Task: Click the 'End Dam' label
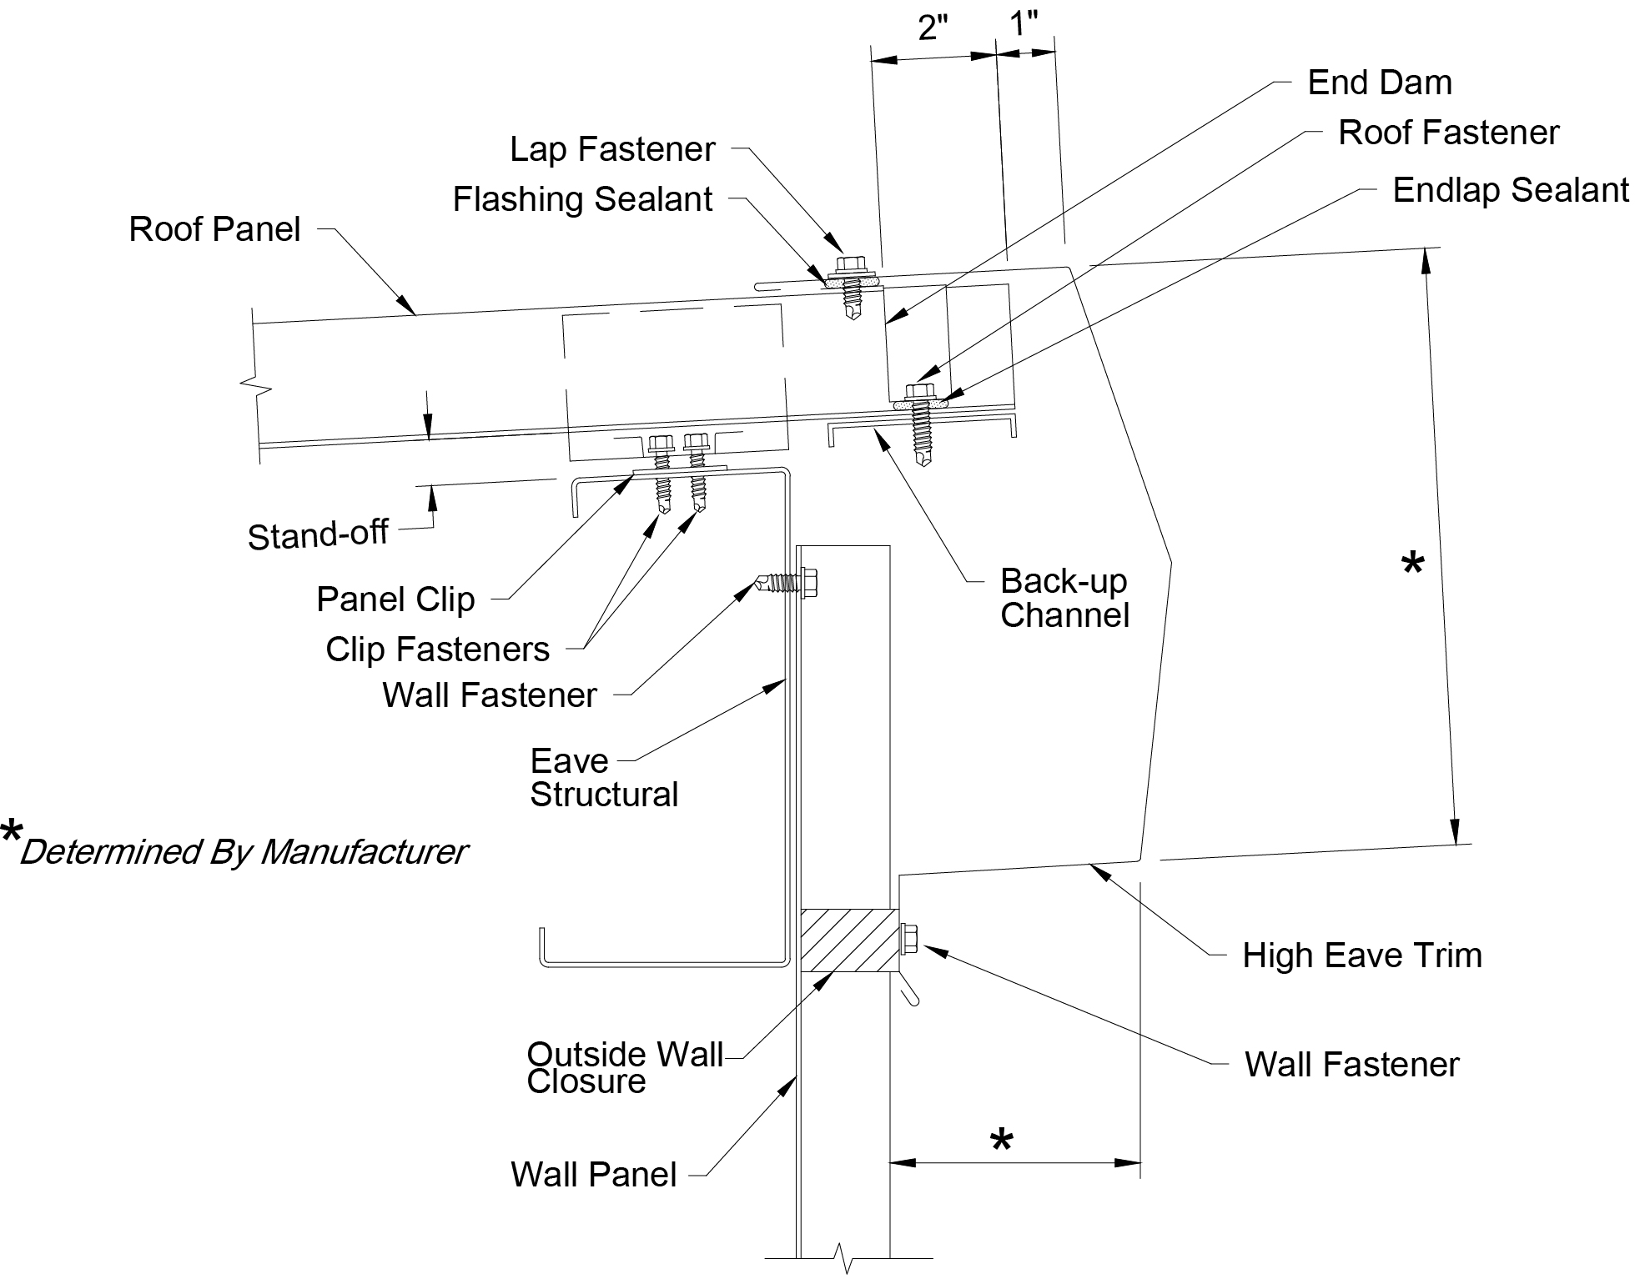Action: tap(1380, 83)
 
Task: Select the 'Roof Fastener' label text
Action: tap(1449, 133)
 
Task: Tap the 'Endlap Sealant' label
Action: tap(1511, 190)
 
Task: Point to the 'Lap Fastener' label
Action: tap(612, 150)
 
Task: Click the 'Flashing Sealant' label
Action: tap(582, 200)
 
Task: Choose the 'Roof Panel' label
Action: tap(214, 229)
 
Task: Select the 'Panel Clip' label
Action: tap(395, 599)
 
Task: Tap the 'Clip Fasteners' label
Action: tap(437, 650)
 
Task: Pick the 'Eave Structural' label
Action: tap(604, 778)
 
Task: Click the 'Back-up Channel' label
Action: tap(1064, 598)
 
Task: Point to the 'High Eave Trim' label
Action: tap(1362, 955)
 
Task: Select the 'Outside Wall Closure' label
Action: tap(625, 1068)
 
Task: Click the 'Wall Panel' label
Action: tap(593, 1175)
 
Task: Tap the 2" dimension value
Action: tap(933, 28)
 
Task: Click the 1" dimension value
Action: tap(1024, 24)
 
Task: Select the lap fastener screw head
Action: tap(851, 266)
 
